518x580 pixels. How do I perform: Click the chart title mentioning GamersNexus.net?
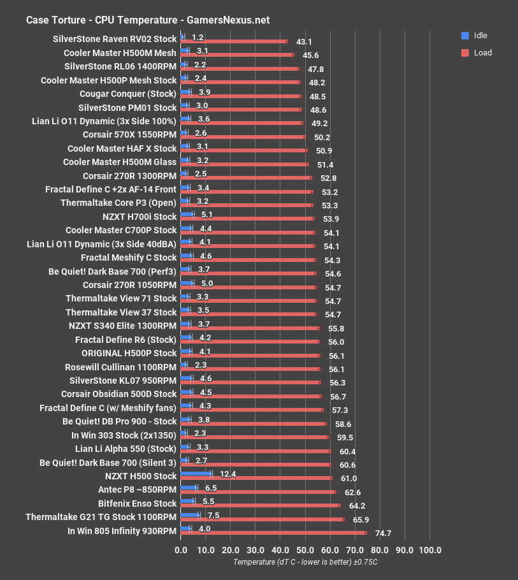pos(147,20)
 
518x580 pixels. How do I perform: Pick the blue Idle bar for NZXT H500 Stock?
pos(196,473)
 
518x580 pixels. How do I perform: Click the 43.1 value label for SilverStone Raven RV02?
pos(304,41)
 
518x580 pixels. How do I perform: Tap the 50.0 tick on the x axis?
pos(305,549)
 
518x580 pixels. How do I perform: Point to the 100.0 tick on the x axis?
pos(429,549)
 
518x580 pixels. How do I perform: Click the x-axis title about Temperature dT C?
pos(305,562)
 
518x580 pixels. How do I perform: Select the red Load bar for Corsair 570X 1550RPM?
pos(243,136)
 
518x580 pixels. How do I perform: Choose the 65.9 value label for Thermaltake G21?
pos(360,520)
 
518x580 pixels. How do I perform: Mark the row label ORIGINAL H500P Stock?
pos(129,353)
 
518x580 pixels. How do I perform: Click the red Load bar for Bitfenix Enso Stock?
pos(260,505)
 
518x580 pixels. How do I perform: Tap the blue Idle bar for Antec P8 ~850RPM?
pos(189,487)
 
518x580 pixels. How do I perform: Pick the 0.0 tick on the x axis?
pos(181,549)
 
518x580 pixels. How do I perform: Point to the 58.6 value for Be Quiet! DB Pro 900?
pos(342,424)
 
